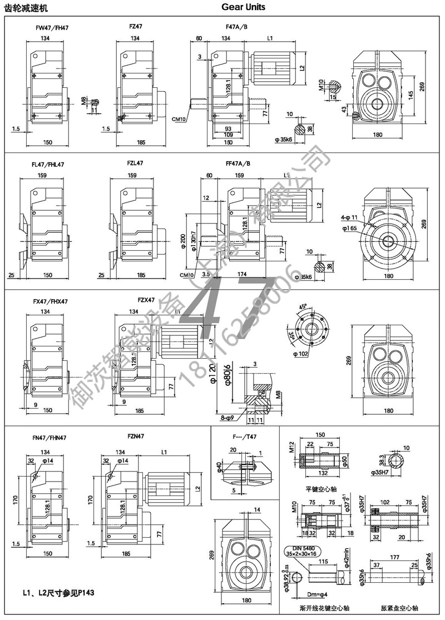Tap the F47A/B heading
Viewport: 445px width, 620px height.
pyautogui.click(x=238, y=26)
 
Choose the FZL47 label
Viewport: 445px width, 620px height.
pyautogui.click(x=135, y=163)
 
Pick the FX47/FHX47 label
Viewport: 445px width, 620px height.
pyautogui.click(x=50, y=301)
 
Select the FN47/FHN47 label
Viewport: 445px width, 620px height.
pyautogui.click(x=51, y=438)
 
